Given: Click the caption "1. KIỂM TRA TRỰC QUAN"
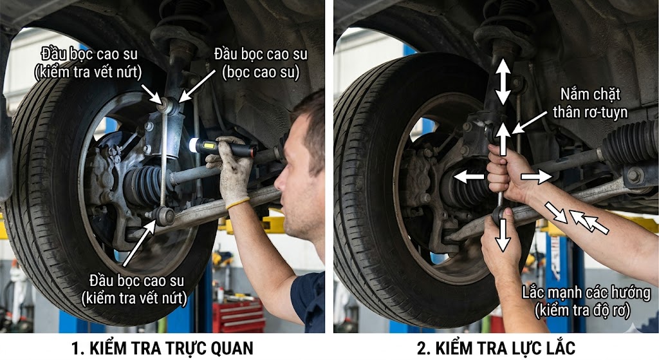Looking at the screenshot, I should click(162, 348).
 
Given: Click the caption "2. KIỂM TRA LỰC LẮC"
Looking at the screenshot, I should click(496, 348).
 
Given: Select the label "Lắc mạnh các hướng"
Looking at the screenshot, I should click(586, 292).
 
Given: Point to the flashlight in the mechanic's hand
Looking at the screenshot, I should click(222, 148).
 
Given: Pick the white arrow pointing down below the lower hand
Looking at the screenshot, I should click(502, 236).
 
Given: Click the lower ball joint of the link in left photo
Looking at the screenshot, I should click(164, 215).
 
